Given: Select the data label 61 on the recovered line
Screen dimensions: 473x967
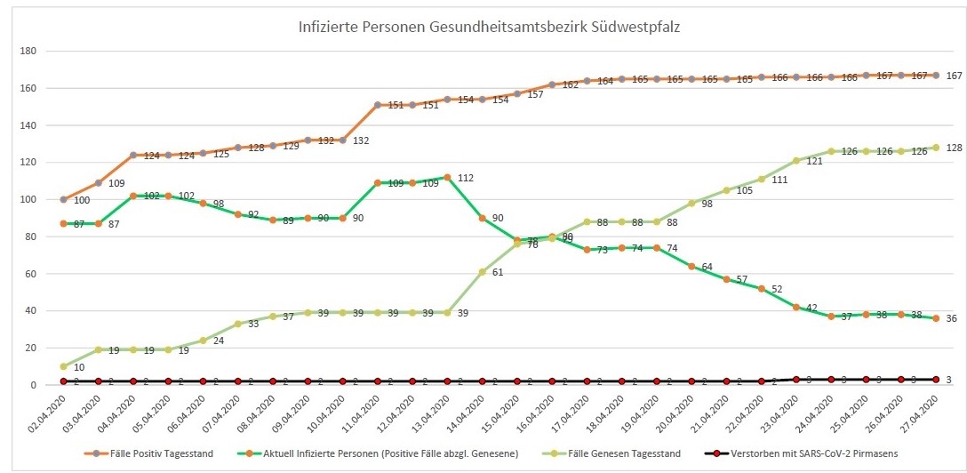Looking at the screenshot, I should coord(498,272).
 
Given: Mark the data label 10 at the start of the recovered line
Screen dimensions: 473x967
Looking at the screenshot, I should coord(79,367).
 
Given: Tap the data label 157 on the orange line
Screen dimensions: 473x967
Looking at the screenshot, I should coord(535,94).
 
